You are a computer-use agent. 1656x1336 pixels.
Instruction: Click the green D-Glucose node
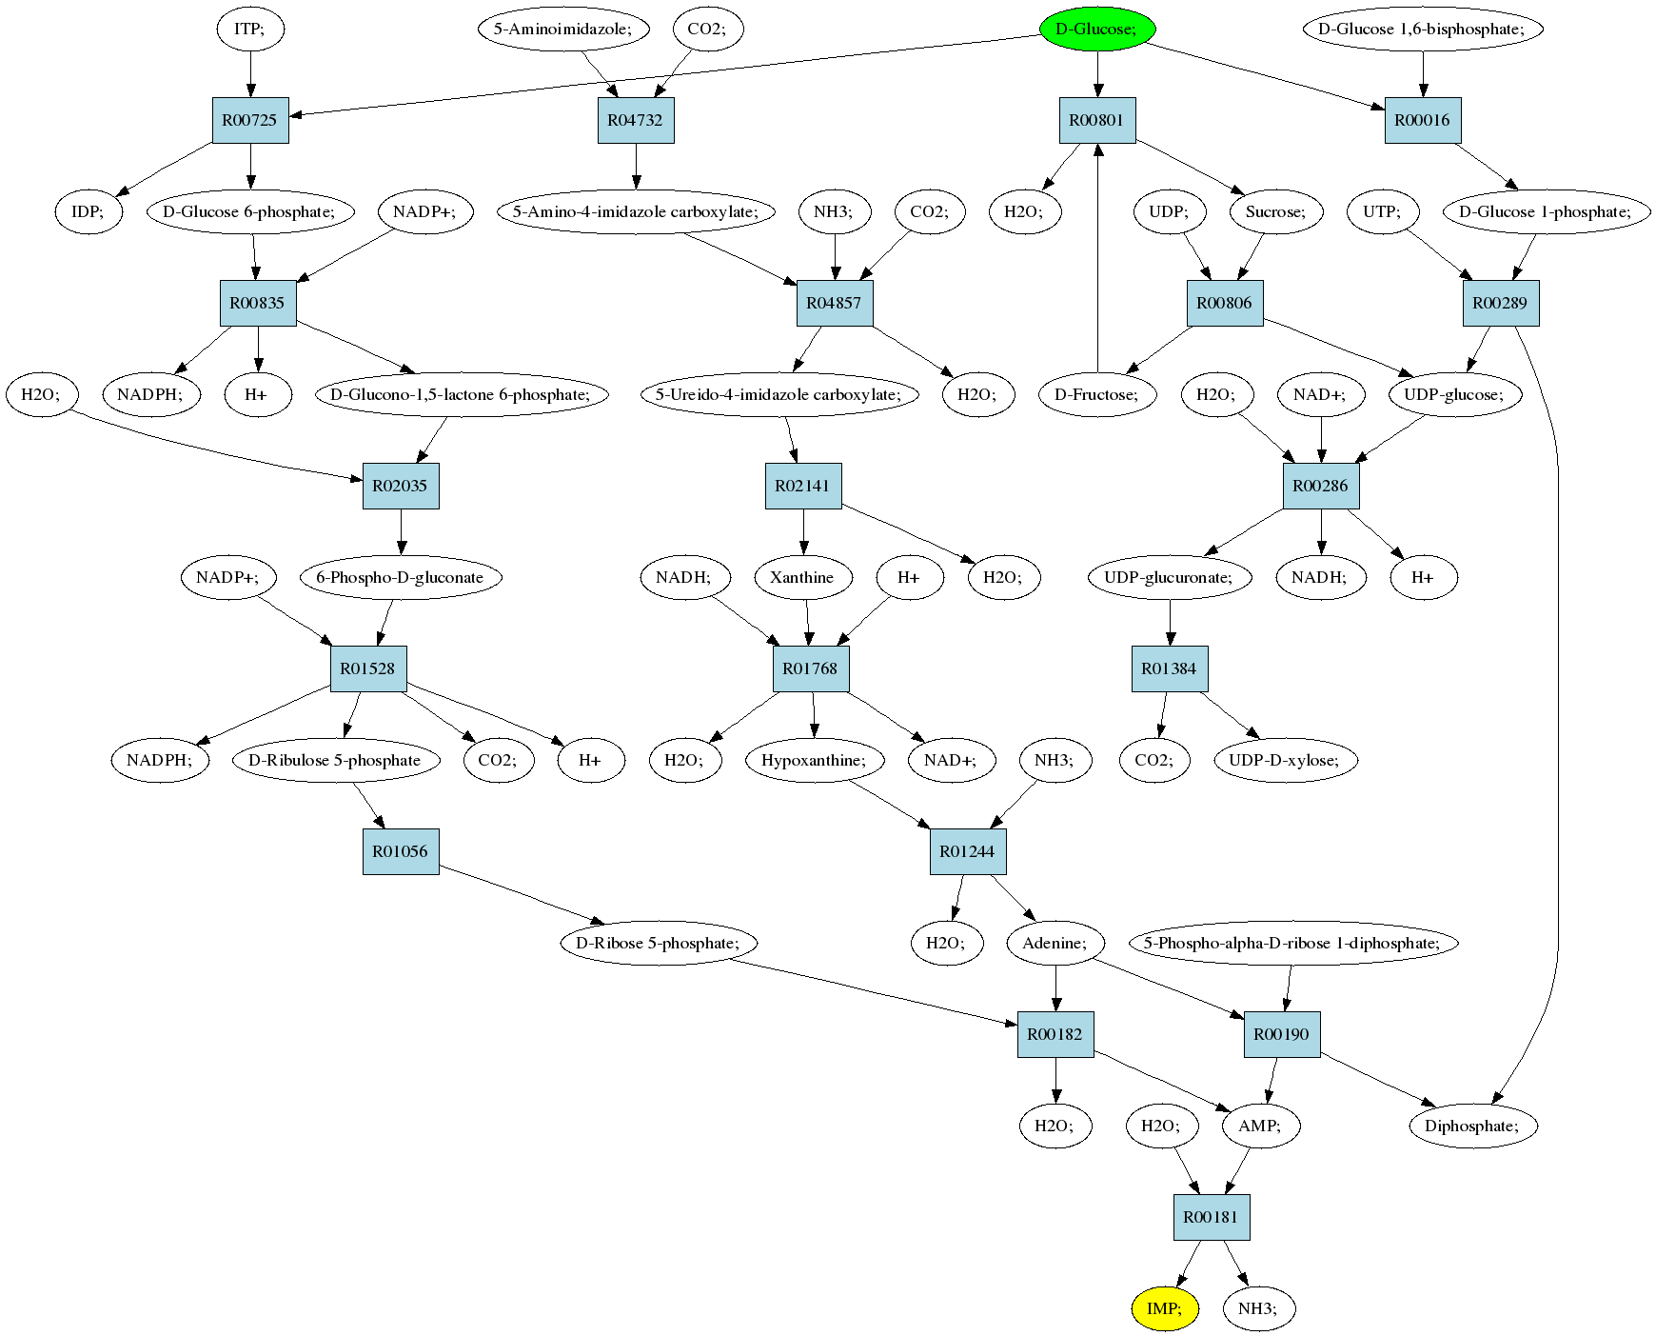[1097, 29]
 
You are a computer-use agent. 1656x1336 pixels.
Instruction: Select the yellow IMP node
[1165, 1308]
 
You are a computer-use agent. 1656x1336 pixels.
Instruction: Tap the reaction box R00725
[250, 120]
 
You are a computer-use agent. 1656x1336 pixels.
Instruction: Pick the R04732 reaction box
[636, 120]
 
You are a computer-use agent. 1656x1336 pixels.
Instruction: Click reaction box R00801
[1097, 120]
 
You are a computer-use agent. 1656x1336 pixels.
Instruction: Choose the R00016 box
[1423, 120]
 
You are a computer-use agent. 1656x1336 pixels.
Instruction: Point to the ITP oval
[250, 29]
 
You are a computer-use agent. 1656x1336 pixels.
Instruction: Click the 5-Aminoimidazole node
[563, 29]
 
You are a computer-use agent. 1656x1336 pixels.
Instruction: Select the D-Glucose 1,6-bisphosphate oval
[1423, 29]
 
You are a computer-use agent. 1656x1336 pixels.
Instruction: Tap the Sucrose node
[1276, 211]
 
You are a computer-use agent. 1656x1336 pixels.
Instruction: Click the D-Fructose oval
[1097, 394]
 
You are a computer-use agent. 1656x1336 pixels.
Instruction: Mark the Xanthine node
[803, 577]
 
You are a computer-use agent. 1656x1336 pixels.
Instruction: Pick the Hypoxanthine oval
[815, 760]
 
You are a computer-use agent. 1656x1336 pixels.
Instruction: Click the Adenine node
[1055, 943]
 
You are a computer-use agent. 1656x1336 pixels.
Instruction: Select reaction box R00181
[1212, 1217]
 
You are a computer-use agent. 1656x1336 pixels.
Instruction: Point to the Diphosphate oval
[1473, 1126]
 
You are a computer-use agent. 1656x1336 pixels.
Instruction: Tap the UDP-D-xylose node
[1285, 760]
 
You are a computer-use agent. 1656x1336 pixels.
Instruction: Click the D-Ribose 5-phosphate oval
[659, 943]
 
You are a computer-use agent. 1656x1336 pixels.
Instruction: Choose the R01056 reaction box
[401, 851]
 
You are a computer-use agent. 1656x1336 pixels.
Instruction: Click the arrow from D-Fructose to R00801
[1097, 258]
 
